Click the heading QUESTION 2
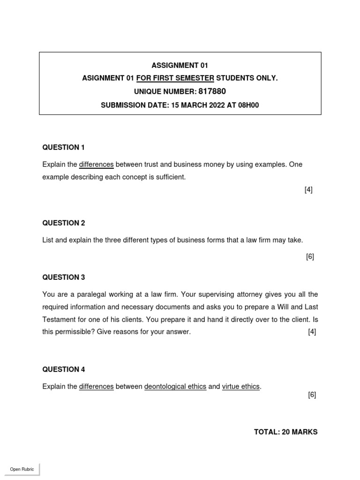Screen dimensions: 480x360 pyautogui.click(x=64, y=223)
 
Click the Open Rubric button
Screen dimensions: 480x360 pyautogui.click(x=22, y=469)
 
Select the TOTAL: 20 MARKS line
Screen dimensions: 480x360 pyautogui.click(x=285, y=432)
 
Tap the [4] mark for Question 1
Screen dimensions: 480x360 pyautogui.click(x=308, y=190)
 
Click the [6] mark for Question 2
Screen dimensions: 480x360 pyautogui.click(x=310, y=257)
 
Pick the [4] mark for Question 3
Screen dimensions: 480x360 pyautogui.click(x=312, y=332)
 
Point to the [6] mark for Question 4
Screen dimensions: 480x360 pyautogui.click(x=312, y=395)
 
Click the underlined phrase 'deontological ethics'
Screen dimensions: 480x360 pyautogui.click(x=175, y=387)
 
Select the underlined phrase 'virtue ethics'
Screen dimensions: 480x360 pyautogui.click(x=240, y=387)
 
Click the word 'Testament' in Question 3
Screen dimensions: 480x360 pyautogui.click(x=58, y=319)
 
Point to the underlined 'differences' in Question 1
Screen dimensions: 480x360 pyautogui.click(x=97, y=165)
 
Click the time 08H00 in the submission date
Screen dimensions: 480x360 pyautogui.click(x=248, y=105)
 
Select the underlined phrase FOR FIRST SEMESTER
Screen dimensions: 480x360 pyautogui.click(x=175, y=78)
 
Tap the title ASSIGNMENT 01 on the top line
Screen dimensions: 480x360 pyautogui.click(x=180, y=65)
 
